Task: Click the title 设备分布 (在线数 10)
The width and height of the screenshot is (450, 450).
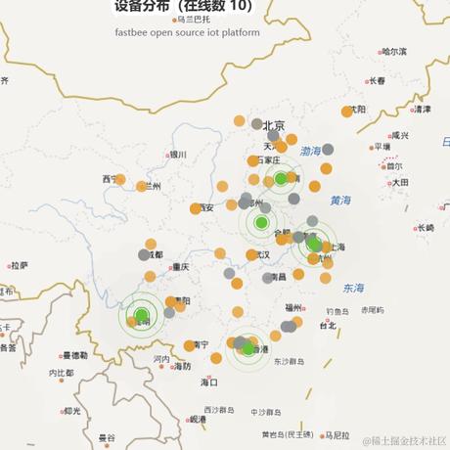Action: point(182,7)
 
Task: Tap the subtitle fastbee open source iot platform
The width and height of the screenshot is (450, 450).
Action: point(187,31)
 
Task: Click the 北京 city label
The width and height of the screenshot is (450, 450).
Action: point(273,125)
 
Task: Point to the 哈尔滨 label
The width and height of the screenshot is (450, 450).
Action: point(393,51)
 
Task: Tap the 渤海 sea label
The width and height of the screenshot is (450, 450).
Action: point(310,152)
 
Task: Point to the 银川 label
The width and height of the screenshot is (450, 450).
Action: point(177,154)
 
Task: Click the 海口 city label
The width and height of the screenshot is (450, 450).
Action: point(208,382)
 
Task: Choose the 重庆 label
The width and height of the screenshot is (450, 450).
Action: point(179,266)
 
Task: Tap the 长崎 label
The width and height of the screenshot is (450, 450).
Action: point(424,228)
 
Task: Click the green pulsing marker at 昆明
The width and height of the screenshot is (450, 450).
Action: point(141,315)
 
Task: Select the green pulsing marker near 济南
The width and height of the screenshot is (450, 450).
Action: point(281,178)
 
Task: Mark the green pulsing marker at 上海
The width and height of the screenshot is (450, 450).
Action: point(315,246)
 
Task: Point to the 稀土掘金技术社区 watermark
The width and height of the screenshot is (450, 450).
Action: point(403,442)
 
